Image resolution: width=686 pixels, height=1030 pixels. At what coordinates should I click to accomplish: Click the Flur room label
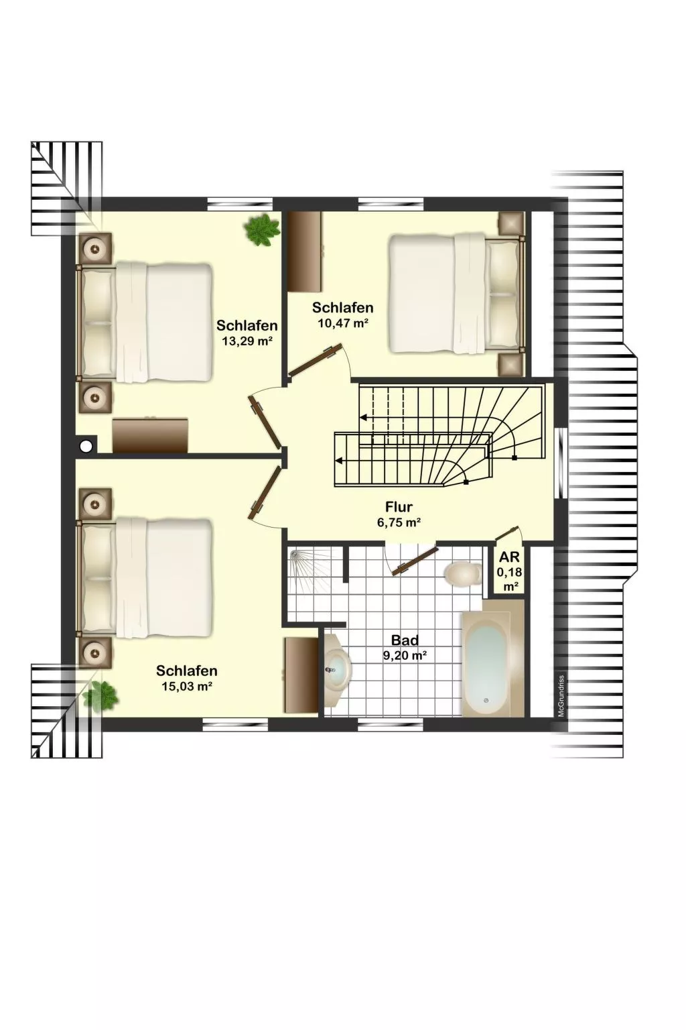coord(399,507)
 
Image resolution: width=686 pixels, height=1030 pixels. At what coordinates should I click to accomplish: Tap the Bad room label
coord(405,640)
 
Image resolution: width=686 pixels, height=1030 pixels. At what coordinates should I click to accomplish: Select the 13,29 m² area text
coord(247,341)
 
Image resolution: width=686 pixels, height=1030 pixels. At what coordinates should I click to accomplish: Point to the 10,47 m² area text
coord(343,323)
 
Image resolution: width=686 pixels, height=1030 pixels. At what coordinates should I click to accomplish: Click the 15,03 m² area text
coord(186,687)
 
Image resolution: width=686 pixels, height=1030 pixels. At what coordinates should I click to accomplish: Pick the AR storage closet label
coord(510,557)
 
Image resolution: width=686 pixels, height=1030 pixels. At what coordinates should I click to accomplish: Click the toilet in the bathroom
coord(462,574)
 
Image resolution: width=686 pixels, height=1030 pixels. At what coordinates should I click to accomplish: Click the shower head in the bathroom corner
coord(295,557)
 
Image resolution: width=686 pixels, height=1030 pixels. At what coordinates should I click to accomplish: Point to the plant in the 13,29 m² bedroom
coord(262,230)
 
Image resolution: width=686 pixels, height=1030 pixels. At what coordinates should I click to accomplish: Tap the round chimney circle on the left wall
coord(86,445)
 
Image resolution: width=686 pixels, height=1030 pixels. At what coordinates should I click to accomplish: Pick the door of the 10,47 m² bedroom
coord(316,361)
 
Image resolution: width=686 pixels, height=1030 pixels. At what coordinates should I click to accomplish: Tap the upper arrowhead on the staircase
coord(363,418)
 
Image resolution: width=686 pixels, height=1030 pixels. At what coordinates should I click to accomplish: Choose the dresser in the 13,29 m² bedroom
coord(150,435)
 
